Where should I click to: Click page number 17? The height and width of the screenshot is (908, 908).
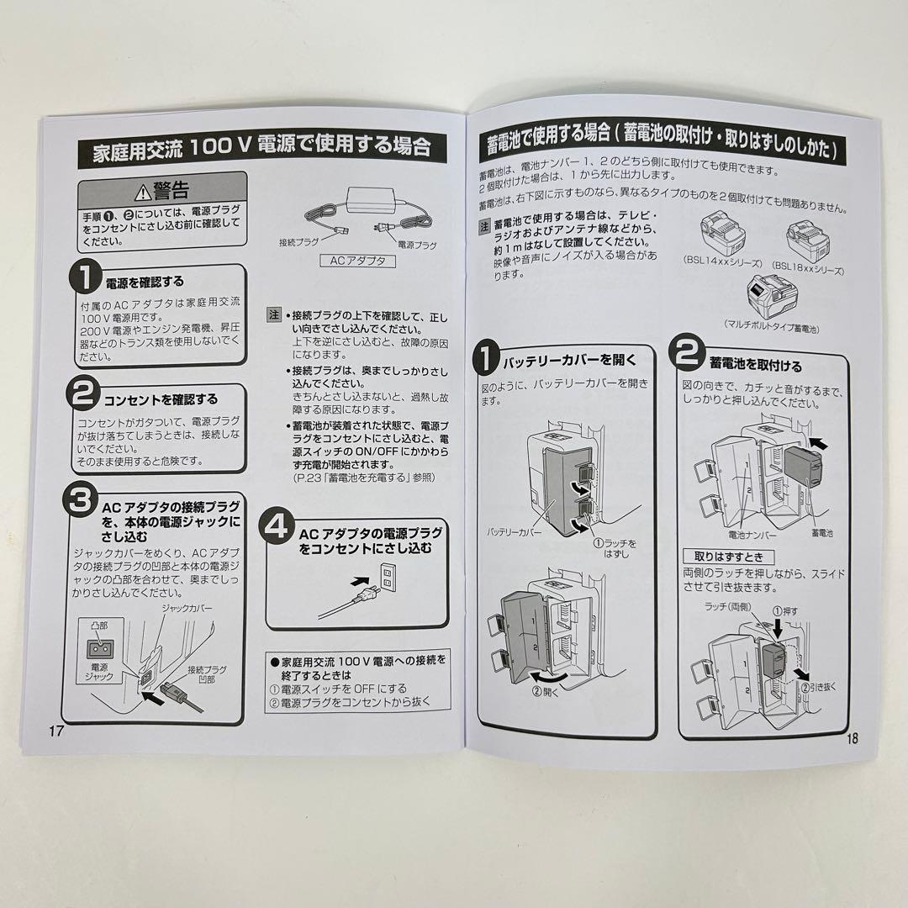pos(56,730)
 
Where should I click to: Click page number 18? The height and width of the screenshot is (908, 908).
pos(851,739)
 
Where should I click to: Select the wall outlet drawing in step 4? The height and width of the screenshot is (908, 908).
pos(387,576)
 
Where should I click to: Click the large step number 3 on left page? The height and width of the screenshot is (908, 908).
pos(81,502)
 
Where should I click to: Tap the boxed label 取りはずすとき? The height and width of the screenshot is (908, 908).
pos(728,557)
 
